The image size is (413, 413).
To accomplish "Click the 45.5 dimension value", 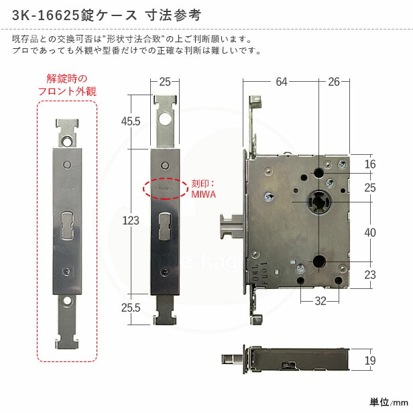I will tap(131, 121).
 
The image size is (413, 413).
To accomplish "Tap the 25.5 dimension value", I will tap(131, 308).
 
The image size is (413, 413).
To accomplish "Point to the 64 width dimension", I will tap(281, 82).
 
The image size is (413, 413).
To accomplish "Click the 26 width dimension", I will tap(334, 82).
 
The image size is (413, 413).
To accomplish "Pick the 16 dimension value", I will tap(370, 165).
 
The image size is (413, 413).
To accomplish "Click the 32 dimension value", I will tap(320, 301).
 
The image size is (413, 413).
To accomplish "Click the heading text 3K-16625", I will tap(50, 14).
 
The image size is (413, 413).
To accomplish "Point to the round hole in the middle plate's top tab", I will tap(165, 120).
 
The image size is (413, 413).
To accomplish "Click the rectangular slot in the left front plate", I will tap(66, 224).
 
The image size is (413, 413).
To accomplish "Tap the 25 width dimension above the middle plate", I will tap(165, 82).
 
